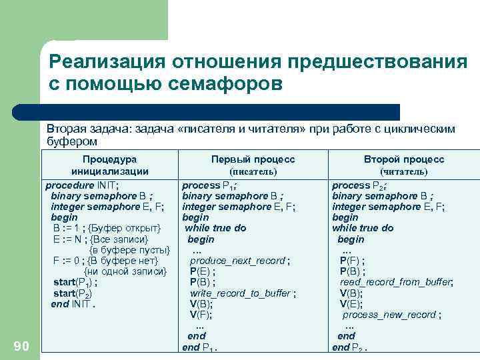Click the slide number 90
(21, 345)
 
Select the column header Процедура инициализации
(109, 165)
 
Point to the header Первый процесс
(253, 159)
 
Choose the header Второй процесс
(403, 159)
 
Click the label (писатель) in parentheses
(253, 171)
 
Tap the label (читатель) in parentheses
(403, 171)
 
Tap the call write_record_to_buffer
(241, 293)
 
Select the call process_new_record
(391, 315)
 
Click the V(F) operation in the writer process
(200, 315)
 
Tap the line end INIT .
(73, 304)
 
